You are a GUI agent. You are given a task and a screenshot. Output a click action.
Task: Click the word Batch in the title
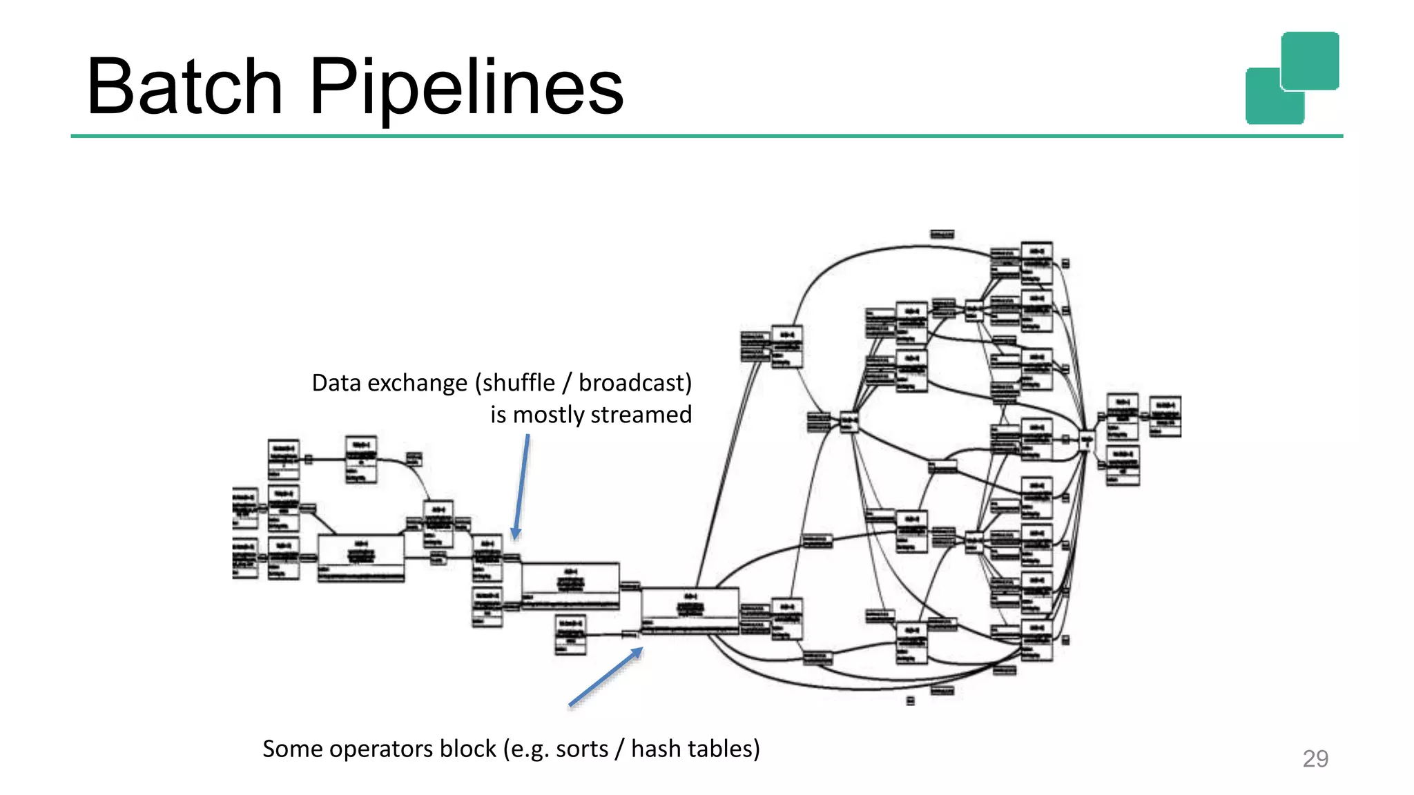[x=184, y=87]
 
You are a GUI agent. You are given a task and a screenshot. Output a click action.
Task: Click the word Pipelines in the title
[x=466, y=88]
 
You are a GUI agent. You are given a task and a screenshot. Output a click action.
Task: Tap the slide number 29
[x=1315, y=758]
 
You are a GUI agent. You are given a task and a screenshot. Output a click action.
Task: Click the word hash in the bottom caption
[x=653, y=749]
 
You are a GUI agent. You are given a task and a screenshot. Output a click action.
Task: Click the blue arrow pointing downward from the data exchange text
[x=521, y=487]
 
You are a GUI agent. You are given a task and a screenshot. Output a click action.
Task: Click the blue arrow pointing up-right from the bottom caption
[x=606, y=677]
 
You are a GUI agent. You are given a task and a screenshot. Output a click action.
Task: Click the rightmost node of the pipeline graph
[x=1165, y=415]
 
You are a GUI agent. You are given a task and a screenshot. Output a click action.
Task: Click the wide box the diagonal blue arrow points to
[x=690, y=610]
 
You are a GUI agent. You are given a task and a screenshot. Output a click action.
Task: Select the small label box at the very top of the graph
[x=942, y=235]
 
